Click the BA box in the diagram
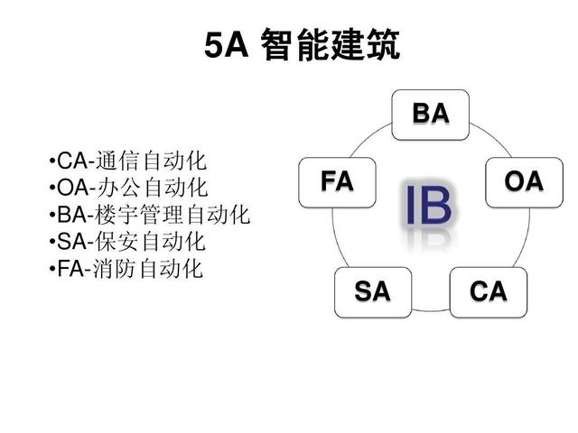point(430,115)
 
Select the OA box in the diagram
point(524,182)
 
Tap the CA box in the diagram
point(489,292)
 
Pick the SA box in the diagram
point(373,292)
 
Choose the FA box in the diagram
point(337,182)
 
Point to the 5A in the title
point(226,45)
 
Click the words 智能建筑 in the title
point(331,45)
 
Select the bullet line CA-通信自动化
point(127,161)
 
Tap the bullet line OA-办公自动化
point(128,188)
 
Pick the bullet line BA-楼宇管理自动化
point(150,215)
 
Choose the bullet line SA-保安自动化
point(127,242)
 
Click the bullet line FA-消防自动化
point(126,269)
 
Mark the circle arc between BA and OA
point(491,137)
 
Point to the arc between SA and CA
point(431,311)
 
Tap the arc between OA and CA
point(525,238)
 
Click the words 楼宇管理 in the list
point(140,215)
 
